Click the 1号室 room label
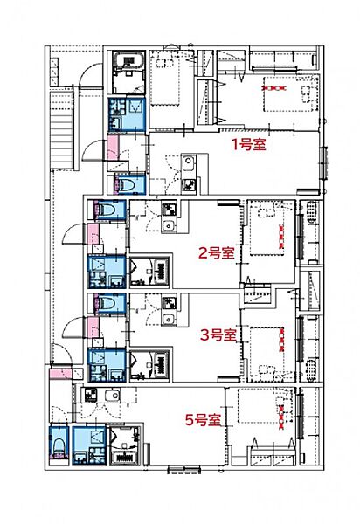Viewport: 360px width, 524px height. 249,144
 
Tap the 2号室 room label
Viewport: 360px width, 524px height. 217,253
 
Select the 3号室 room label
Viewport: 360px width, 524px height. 218,334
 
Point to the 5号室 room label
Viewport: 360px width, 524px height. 203,420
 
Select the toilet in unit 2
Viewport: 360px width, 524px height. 107,210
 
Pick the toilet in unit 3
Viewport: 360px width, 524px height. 107,303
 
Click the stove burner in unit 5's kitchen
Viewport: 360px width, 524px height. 90,396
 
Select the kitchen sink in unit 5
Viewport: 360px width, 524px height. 113,396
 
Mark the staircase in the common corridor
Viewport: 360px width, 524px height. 61,129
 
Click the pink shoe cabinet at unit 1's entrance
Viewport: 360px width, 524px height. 113,147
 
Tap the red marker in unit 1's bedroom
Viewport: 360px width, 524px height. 273,88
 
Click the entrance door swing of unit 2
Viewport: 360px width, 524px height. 73,234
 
